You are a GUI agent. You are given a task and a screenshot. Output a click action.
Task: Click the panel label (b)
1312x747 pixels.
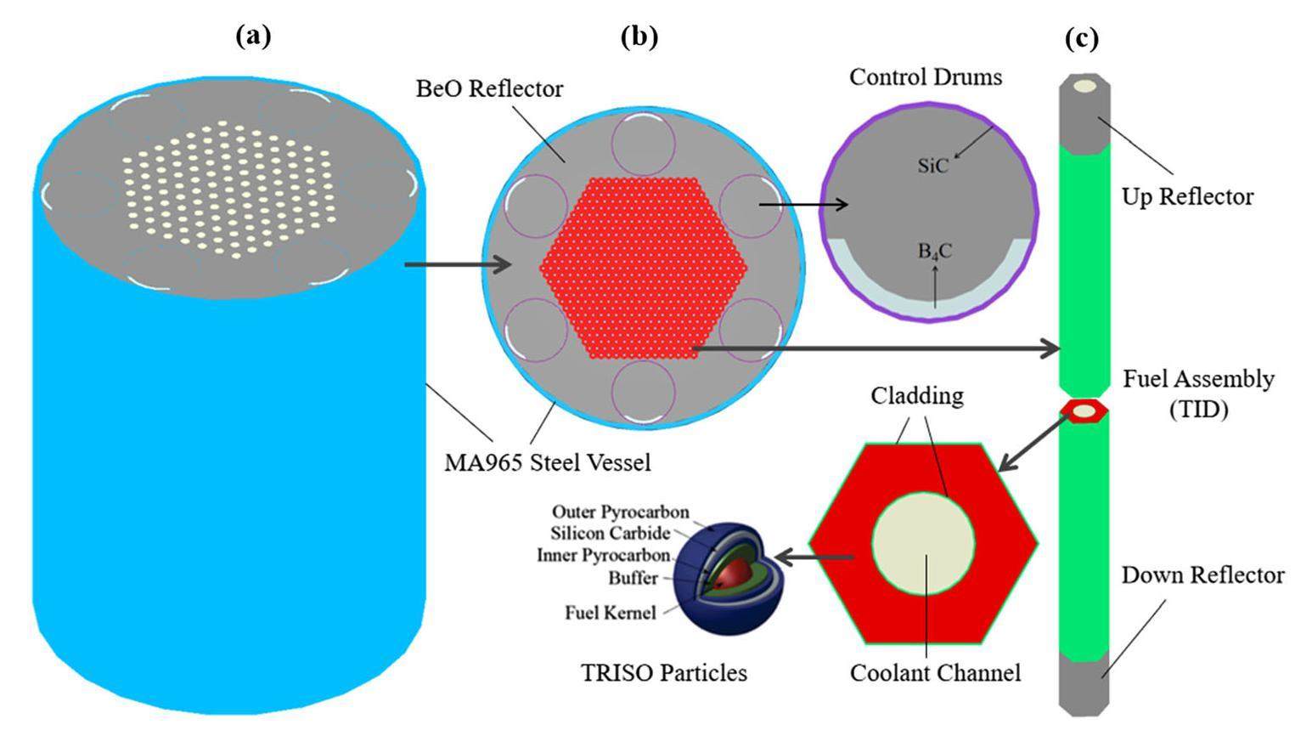pos(639,37)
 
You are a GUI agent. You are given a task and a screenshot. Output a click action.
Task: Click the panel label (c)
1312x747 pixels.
pos(1081,38)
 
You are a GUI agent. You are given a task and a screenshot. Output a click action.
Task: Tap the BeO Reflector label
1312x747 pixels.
pos(489,88)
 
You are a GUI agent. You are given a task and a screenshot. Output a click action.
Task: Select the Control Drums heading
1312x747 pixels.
pos(926,77)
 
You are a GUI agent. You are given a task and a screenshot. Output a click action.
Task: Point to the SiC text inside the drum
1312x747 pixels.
pos(932,166)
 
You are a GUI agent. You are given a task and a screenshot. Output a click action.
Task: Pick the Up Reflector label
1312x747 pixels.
pos(1187,197)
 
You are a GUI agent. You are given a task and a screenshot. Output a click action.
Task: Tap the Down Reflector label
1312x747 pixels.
pos(1202,575)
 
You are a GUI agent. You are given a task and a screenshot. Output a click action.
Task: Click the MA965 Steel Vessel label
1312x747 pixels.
pos(548,463)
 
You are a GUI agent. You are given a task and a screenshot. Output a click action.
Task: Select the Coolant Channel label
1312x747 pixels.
pos(935,673)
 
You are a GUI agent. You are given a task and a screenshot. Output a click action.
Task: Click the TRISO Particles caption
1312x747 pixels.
pos(664,673)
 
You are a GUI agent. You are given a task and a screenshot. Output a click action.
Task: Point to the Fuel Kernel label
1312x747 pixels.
pos(611,612)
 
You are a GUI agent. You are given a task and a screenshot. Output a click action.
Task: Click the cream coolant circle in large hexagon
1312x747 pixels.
pos(923,544)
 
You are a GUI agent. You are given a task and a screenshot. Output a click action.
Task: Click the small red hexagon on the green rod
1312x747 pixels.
pos(1084,411)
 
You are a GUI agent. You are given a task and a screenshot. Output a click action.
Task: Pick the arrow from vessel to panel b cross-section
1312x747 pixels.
pos(458,265)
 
